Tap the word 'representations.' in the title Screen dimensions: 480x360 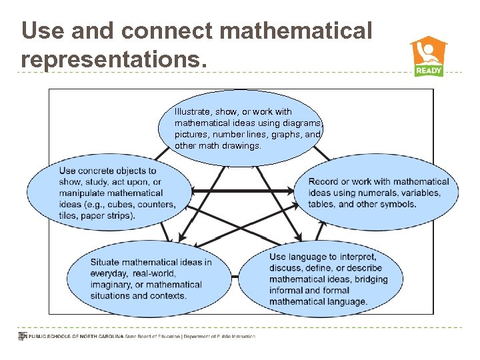pos(110,59)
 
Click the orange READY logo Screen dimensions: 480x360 pos(428,57)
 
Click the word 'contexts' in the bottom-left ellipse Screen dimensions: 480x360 pos(169,296)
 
